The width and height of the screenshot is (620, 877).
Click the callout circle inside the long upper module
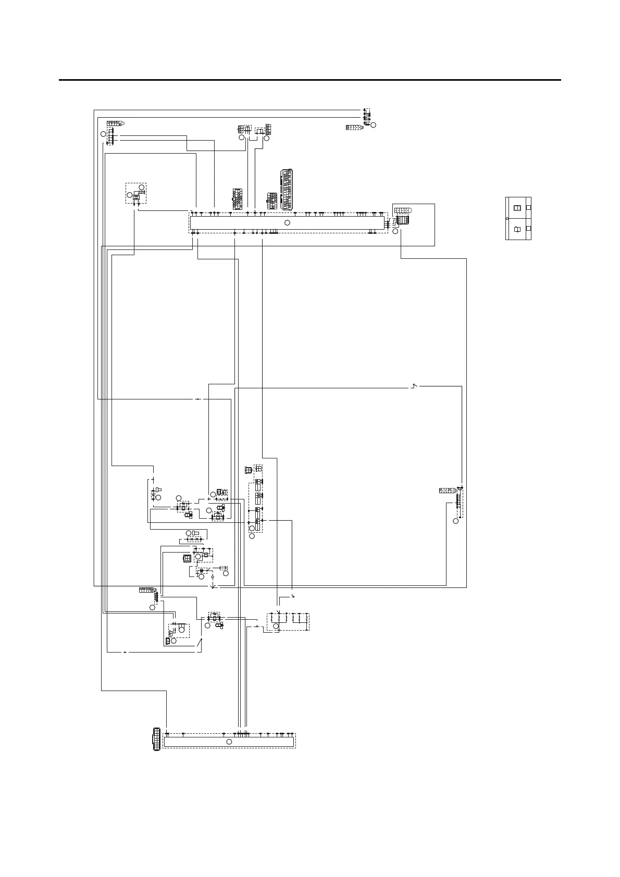coord(287,222)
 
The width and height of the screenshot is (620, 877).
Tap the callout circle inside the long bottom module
coord(228,741)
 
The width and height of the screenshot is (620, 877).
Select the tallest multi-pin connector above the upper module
coord(287,189)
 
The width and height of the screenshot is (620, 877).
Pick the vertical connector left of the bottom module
coord(155,739)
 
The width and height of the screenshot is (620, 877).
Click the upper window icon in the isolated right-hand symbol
coord(517,208)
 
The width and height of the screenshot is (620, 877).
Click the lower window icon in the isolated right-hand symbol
coord(517,229)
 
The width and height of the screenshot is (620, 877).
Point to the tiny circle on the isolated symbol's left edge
coord(507,219)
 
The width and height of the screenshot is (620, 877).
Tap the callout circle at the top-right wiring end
coord(373,124)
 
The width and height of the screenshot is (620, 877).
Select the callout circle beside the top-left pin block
coord(103,134)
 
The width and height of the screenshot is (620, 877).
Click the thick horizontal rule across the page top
coord(310,80)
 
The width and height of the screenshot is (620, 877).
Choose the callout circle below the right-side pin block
coord(456,521)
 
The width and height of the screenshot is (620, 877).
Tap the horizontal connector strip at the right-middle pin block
coord(448,490)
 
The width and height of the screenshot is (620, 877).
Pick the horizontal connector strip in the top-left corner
coord(114,123)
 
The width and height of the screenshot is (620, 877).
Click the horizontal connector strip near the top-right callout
coord(354,127)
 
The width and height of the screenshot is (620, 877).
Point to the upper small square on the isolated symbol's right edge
coord(528,207)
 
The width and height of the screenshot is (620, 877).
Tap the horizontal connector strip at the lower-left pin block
coord(147,590)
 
